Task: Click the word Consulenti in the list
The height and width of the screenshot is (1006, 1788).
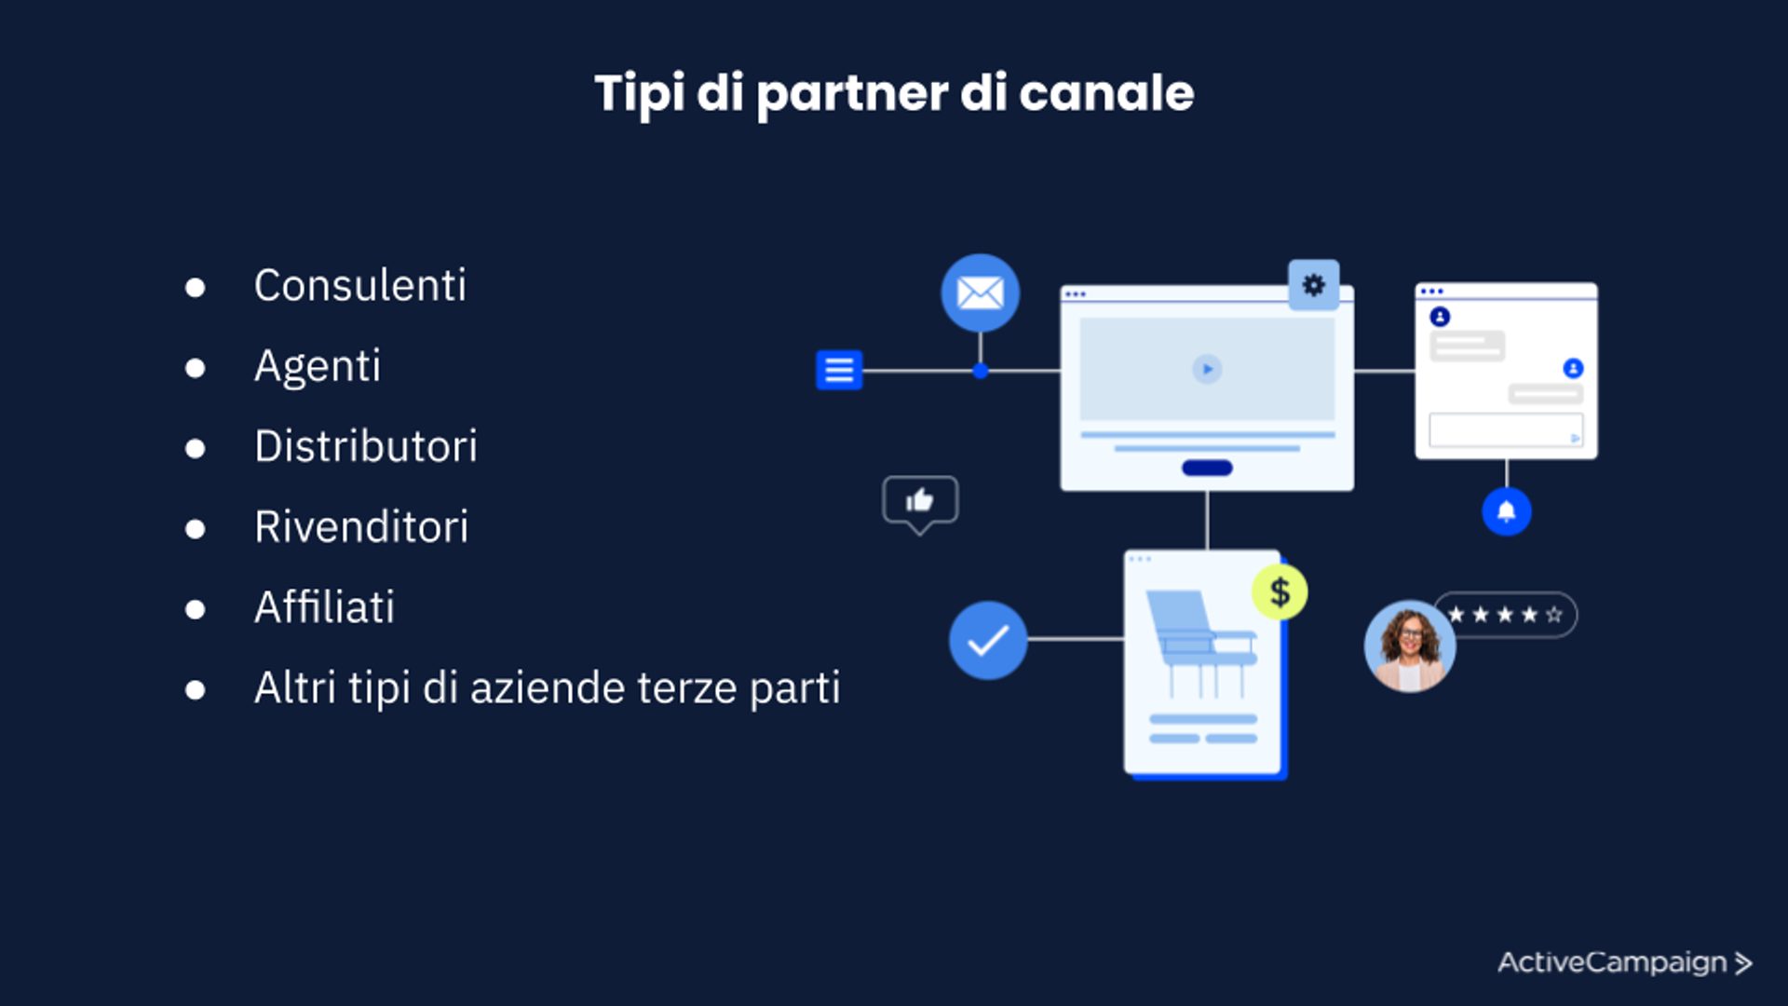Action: [x=359, y=285]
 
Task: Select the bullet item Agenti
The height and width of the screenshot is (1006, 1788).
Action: [x=318, y=366]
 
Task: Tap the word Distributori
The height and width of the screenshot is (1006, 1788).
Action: [x=365, y=446]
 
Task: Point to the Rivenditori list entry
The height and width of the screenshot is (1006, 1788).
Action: [x=361, y=527]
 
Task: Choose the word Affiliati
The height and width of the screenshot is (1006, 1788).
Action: [x=324, y=607]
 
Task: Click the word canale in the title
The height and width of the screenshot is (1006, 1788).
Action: [x=1106, y=93]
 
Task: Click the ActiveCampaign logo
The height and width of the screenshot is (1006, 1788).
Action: [x=1624, y=962]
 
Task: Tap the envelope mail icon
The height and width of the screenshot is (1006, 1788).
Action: [x=980, y=293]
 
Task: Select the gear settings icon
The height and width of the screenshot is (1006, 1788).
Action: [x=1313, y=285]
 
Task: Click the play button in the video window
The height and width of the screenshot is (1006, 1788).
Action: [x=1207, y=370]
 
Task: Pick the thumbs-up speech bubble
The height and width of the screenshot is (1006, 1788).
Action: [x=920, y=502]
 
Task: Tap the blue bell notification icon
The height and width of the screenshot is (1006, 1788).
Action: [x=1506, y=511]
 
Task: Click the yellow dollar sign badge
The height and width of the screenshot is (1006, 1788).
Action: [x=1280, y=592]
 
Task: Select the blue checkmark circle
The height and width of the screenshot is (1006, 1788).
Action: [x=987, y=640]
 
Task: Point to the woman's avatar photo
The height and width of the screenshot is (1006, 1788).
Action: [x=1409, y=646]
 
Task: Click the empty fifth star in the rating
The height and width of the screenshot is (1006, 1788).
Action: [x=1553, y=615]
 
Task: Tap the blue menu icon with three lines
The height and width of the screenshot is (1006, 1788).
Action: [x=839, y=370]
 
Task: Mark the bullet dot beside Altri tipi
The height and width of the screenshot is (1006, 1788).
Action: [x=195, y=690]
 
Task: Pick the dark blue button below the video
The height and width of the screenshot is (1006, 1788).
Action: [x=1207, y=468]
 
